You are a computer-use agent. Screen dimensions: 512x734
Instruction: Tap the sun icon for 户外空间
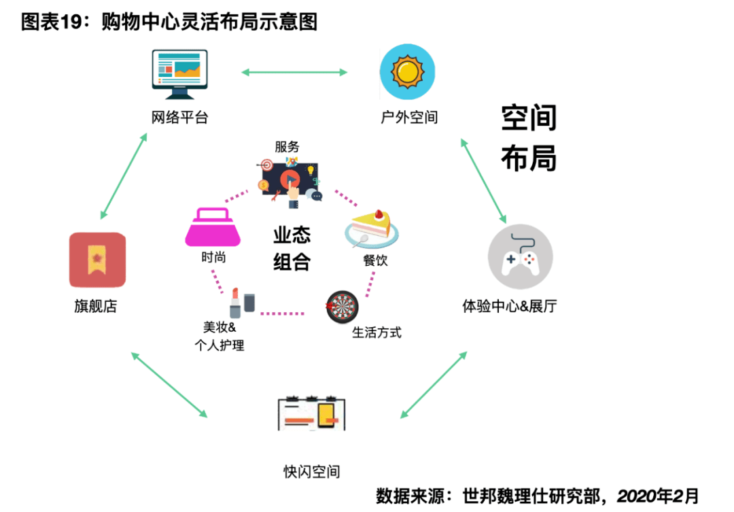click(407, 71)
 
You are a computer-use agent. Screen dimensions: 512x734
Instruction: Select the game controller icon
click(520, 258)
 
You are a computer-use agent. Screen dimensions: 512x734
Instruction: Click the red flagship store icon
click(98, 260)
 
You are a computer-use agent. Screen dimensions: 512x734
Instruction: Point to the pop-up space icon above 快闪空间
click(312, 412)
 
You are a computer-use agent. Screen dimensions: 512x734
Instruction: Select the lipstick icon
click(236, 303)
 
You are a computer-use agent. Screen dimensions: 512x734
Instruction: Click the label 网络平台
click(179, 118)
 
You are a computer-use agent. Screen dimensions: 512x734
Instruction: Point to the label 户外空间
click(409, 118)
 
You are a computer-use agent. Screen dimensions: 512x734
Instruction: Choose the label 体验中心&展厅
click(510, 306)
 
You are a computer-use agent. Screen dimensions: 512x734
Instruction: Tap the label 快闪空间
click(312, 472)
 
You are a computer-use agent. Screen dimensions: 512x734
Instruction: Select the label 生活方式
click(377, 332)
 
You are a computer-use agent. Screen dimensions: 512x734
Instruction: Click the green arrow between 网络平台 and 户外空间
click(294, 71)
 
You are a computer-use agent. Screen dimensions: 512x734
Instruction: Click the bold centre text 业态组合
click(292, 248)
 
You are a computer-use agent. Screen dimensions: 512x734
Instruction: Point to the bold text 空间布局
click(529, 138)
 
